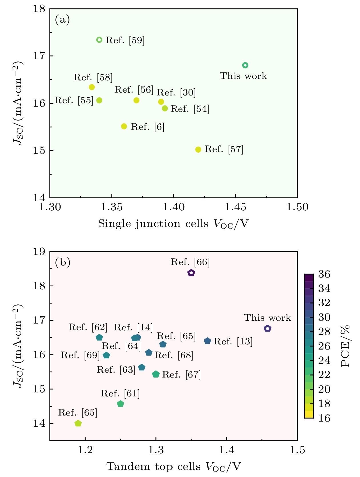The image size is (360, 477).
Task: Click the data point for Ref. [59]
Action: [x=99, y=40]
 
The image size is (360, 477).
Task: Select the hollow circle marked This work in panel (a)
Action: [x=245, y=65]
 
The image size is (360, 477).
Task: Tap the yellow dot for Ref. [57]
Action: [x=198, y=149]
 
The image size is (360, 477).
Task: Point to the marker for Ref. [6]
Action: [x=124, y=126]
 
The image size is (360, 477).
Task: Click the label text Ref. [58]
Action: [x=93, y=77]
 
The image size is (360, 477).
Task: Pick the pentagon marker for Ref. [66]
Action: [x=191, y=273]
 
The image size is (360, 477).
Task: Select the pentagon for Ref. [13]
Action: [x=207, y=341]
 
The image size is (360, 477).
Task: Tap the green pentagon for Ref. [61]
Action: [x=121, y=404]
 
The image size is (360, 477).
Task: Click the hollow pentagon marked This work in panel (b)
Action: [x=267, y=328]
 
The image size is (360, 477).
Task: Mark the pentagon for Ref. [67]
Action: [x=156, y=374]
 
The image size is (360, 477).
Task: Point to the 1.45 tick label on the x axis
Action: [x=235, y=207]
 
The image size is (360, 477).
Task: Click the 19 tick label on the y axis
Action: [x=39, y=252]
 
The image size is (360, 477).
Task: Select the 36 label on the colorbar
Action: [x=324, y=274]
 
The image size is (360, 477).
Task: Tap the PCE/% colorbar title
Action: [x=346, y=346]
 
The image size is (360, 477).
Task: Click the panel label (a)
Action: [x=62, y=20]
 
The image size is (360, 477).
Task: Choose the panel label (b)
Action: [x=62, y=262]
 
